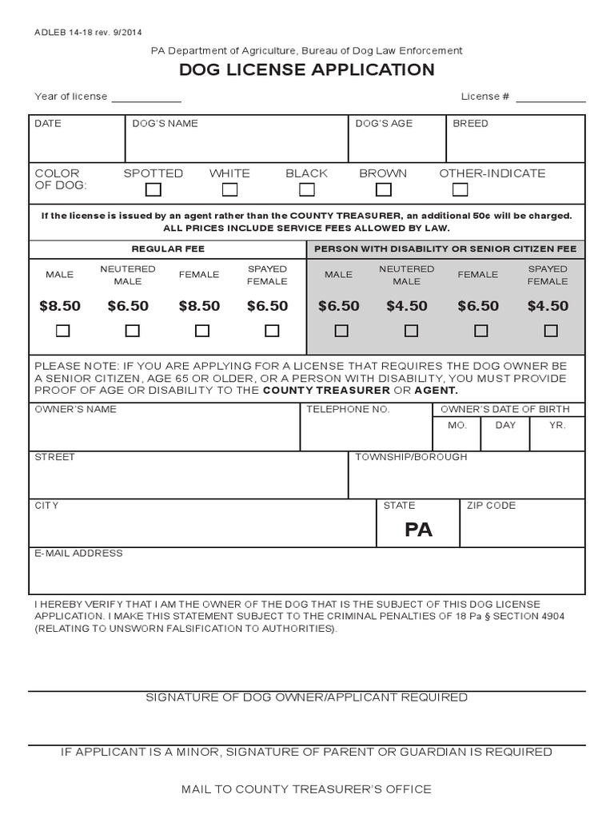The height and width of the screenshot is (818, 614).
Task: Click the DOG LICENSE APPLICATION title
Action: point(307,70)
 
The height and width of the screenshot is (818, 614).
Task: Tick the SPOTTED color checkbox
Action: point(153,190)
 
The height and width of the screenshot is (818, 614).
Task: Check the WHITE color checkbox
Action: point(229,190)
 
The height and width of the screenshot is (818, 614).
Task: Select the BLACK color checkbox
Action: point(307,190)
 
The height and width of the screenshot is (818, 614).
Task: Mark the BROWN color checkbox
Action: point(384,190)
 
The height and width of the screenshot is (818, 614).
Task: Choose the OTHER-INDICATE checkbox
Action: point(460,190)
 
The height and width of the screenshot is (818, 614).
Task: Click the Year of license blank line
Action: point(146,101)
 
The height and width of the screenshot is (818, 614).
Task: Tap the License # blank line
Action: point(551,101)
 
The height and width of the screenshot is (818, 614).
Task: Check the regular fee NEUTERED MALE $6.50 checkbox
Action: point(133,331)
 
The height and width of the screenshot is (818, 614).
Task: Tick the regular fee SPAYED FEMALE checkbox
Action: point(272,331)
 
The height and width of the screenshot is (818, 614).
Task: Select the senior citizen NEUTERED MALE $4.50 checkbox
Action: point(411,331)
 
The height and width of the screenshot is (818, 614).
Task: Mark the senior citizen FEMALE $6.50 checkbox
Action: point(480,331)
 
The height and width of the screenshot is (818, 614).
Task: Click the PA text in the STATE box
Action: point(419,530)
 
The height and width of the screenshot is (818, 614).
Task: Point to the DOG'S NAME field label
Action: point(165,124)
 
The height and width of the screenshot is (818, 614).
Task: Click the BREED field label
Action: point(470,124)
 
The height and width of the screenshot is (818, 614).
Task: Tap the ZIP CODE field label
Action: point(491,506)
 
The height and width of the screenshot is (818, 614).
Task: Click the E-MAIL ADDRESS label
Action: point(78,553)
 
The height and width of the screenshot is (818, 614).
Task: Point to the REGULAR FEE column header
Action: point(168,249)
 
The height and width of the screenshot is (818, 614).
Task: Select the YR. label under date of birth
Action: point(557,426)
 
